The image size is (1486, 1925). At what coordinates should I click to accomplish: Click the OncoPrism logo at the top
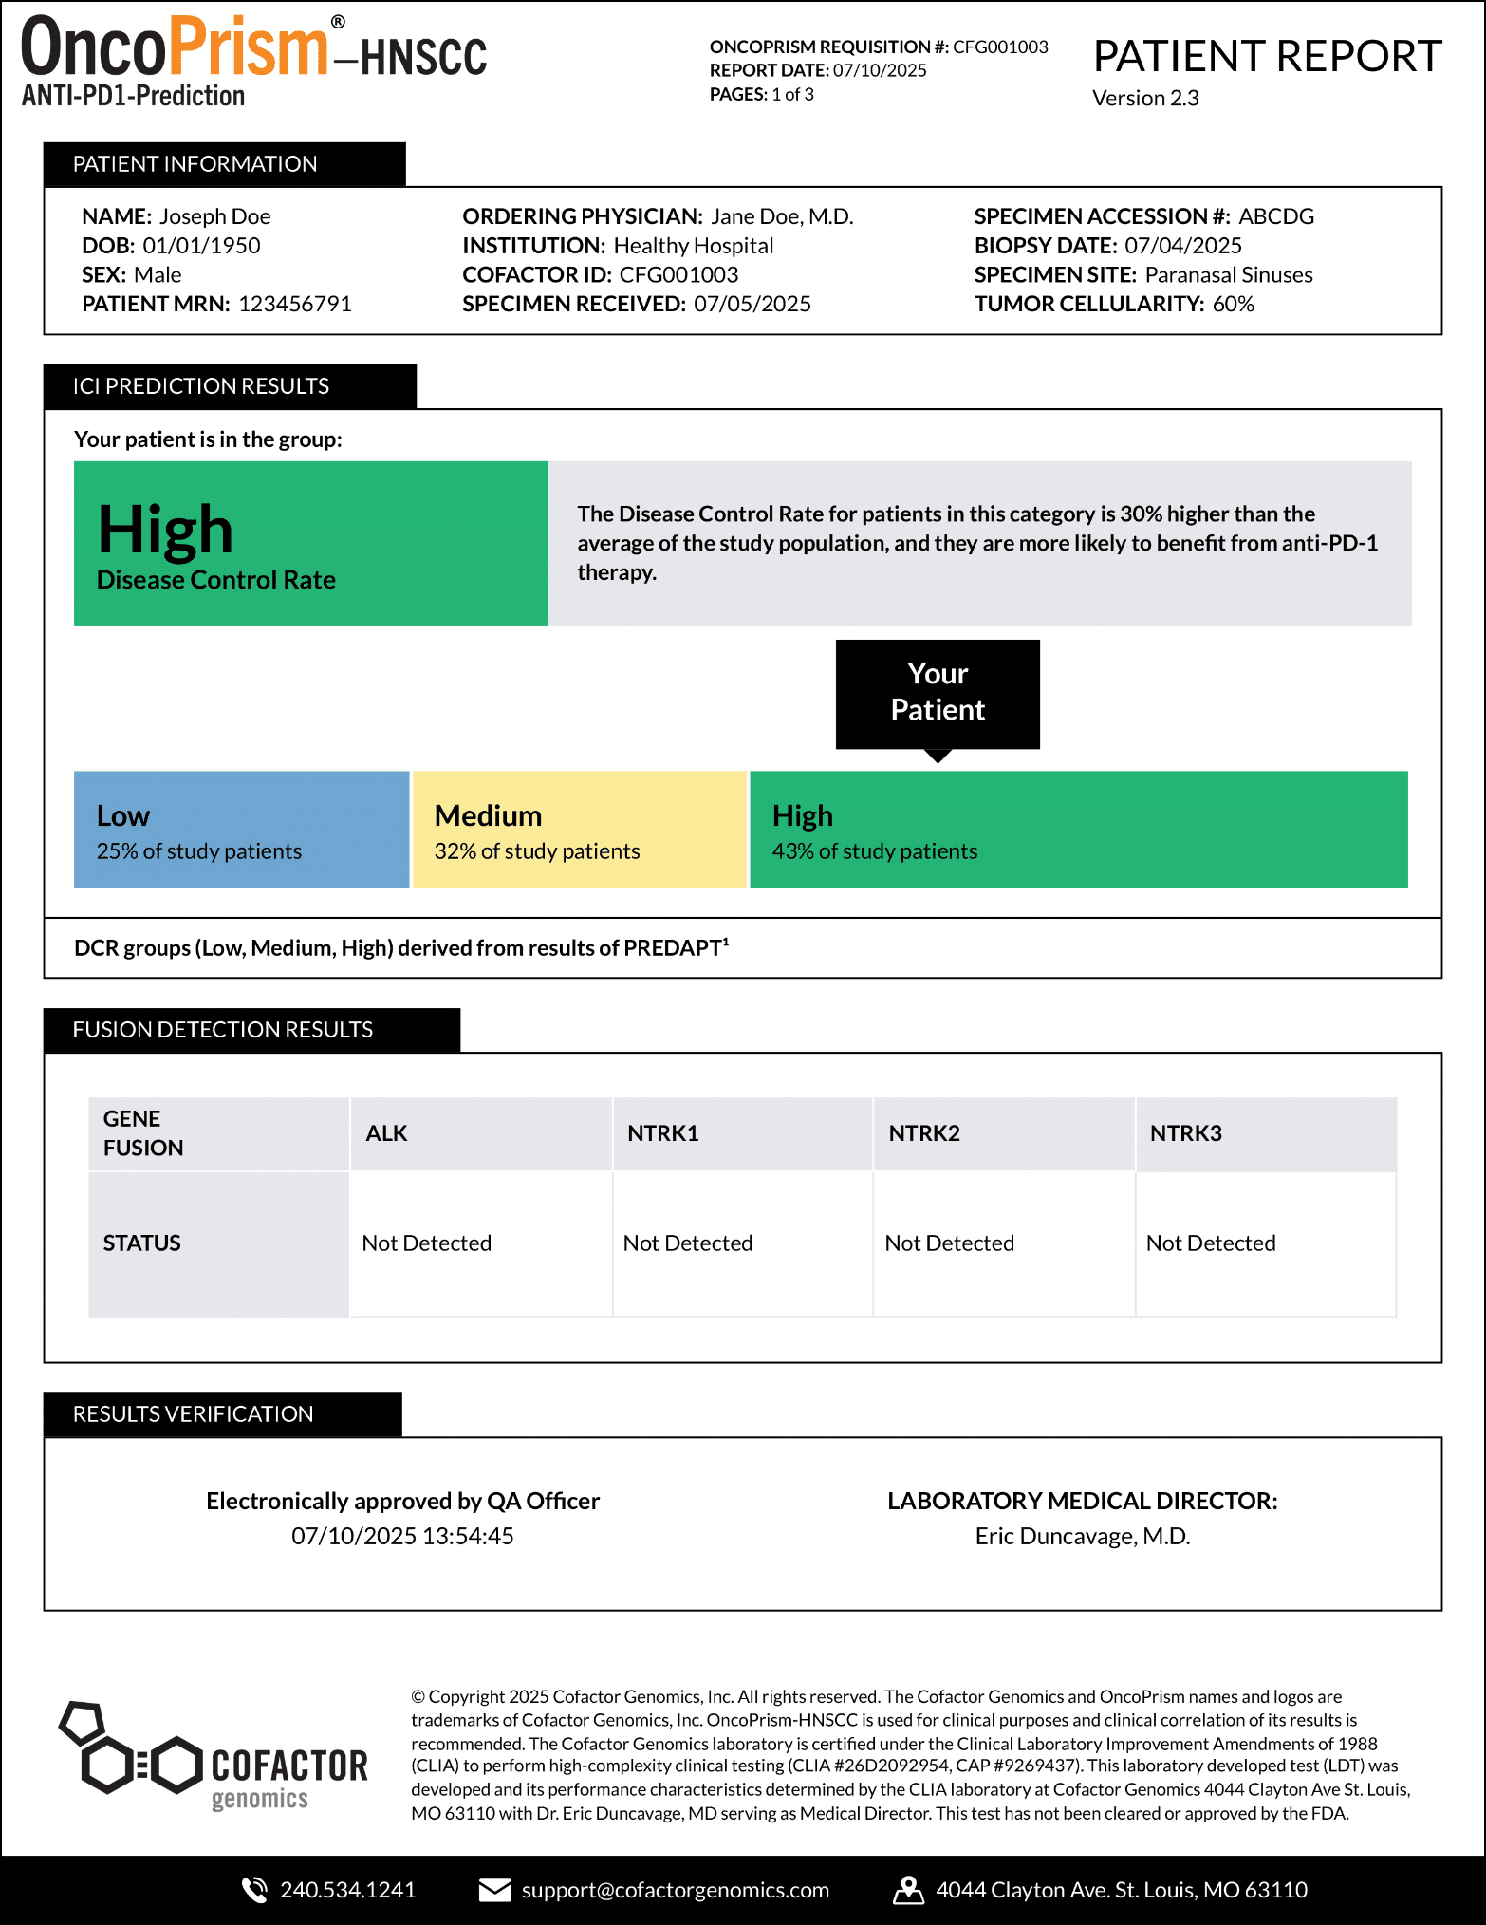[x=253, y=59]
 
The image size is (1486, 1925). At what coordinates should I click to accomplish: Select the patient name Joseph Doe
[x=214, y=216]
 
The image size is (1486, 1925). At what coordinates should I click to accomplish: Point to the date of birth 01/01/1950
[x=201, y=246]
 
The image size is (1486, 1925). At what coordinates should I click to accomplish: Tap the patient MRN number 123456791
[x=295, y=304]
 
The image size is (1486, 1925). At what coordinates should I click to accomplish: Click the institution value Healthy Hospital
[x=693, y=246]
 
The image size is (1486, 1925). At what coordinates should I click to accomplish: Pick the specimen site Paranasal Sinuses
[x=1229, y=275]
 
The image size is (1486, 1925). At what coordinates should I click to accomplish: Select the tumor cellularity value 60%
[x=1233, y=304]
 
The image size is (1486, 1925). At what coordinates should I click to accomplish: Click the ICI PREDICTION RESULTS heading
[x=201, y=386]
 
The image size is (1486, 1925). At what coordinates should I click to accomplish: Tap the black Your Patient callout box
[x=938, y=693]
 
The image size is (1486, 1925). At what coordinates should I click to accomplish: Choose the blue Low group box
[x=241, y=830]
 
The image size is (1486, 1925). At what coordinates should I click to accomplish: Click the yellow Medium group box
[x=579, y=830]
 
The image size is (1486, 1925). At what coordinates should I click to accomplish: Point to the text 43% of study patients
[x=874, y=851]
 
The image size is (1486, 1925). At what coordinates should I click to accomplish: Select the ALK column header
[x=387, y=1133]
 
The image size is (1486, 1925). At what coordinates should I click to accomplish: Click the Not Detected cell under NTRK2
[x=949, y=1243]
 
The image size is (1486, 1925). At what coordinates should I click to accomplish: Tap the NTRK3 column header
[x=1185, y=1133]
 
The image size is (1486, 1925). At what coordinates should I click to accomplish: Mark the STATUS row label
[x=142, y=1243]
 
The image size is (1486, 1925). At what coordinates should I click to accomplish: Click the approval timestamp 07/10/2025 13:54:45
[x=402, y=1536]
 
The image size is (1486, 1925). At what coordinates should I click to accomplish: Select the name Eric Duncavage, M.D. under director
[x=1082, y=1536]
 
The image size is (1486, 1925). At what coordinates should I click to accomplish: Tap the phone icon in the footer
[x=254, y=1890]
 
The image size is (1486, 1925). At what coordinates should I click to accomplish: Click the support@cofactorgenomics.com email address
[x=675, y=1890]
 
